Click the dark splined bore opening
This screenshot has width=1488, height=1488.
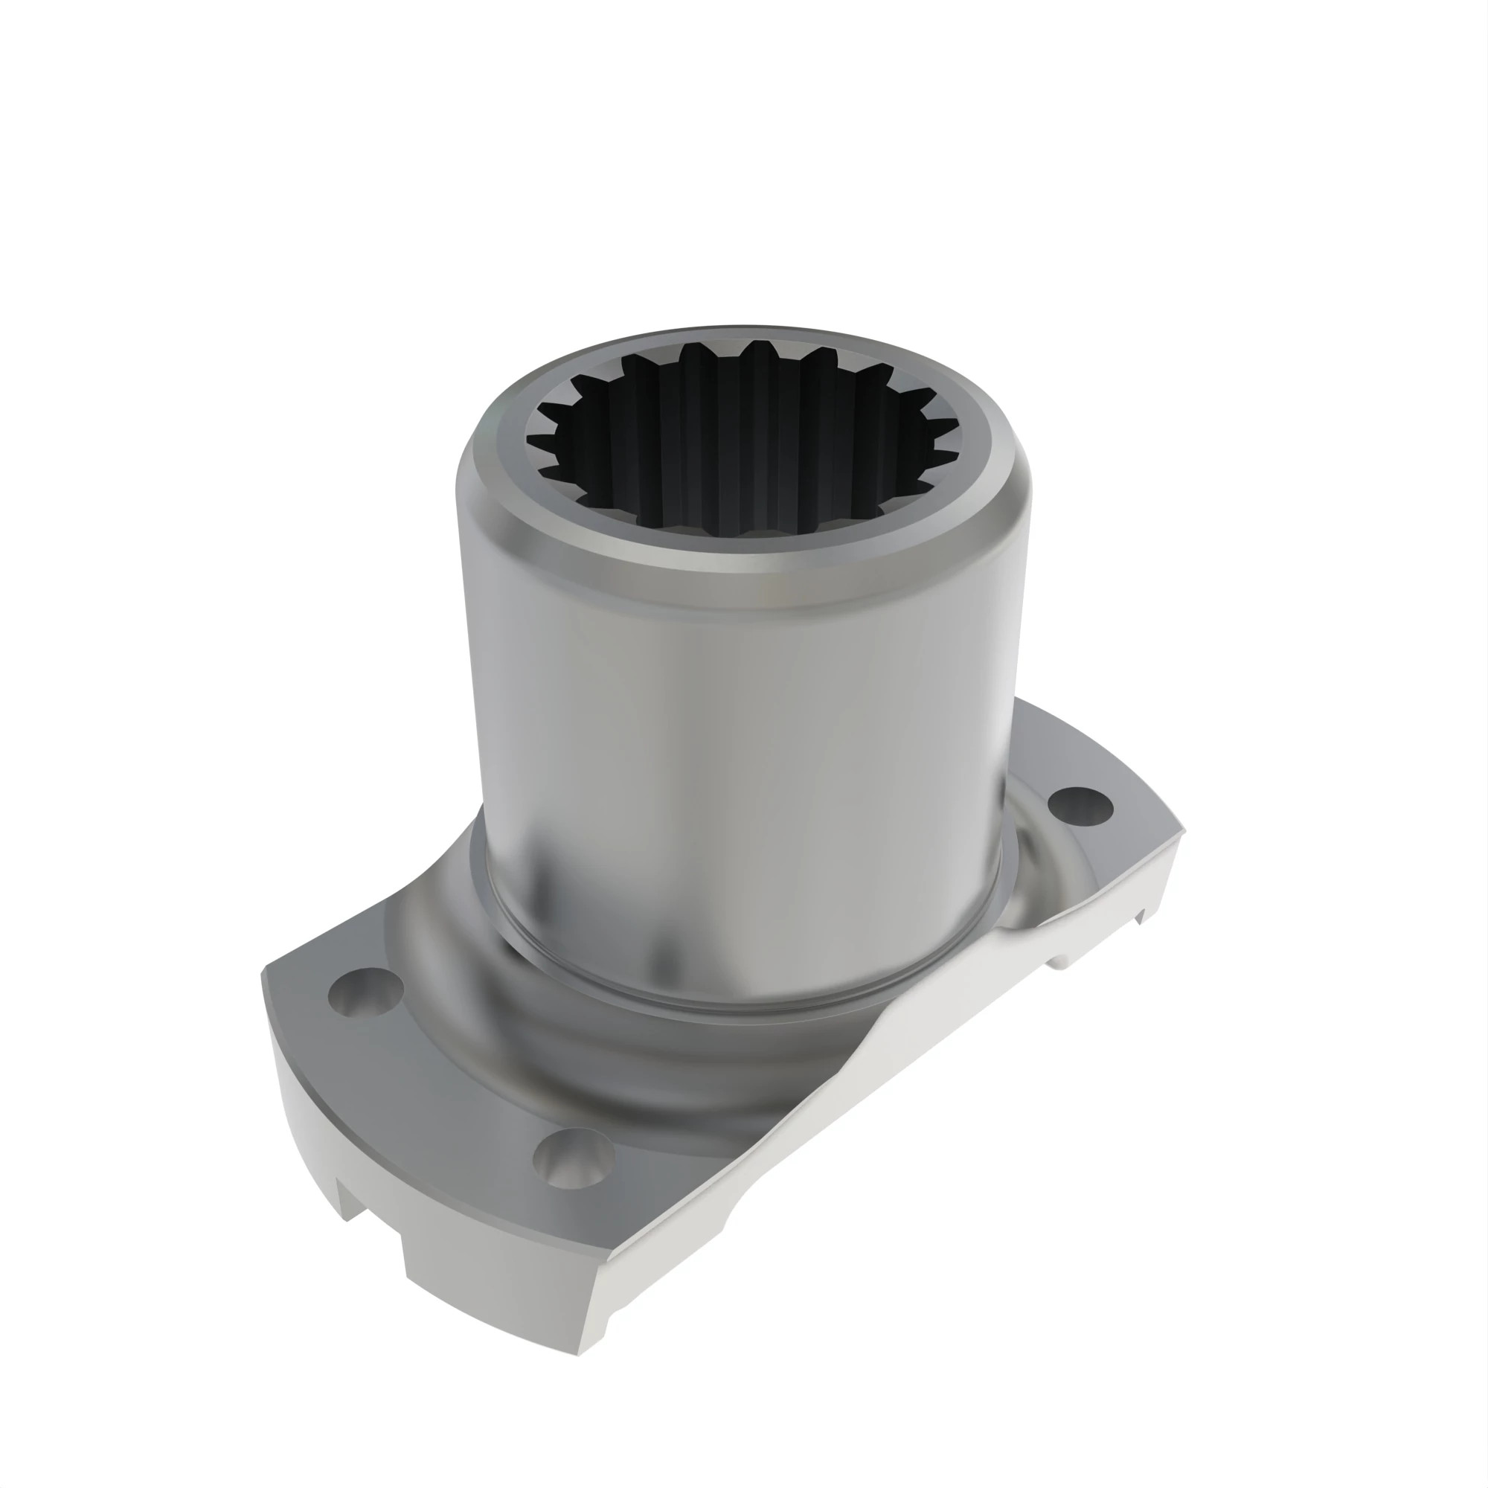[740, 446]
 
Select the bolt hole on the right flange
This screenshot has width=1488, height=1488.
[1080, 804]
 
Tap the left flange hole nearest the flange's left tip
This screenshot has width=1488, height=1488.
[365, 993]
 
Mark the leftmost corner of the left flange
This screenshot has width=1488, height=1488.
[264, 972]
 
